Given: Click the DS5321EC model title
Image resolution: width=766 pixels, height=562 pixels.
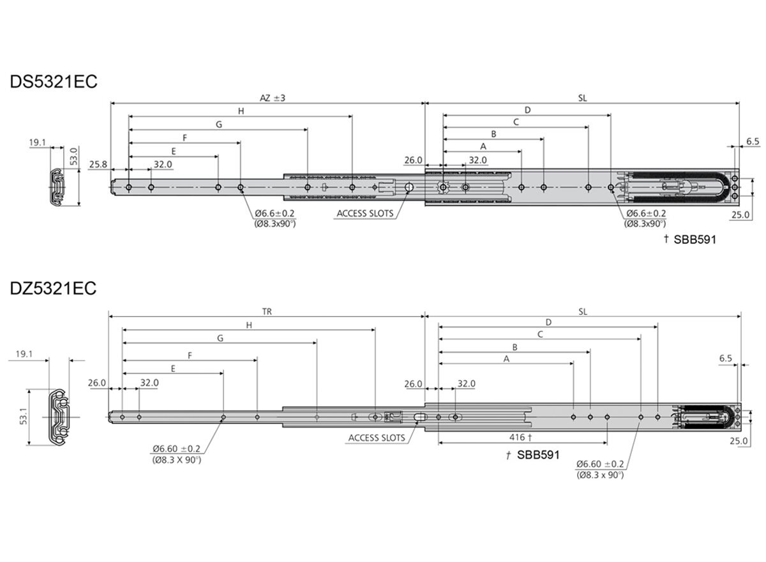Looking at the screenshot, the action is pyautogui.click(x=54, y=82).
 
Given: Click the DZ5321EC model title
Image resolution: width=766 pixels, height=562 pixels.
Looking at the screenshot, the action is pyautogui.click(x=53, y=288).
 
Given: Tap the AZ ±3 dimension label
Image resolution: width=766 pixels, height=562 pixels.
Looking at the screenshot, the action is pyautogui.click(x=273, y=98).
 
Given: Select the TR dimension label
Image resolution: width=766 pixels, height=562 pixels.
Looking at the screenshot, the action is pyautogui.click(x=267, y=312).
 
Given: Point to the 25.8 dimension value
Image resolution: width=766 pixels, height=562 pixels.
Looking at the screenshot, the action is pyautogui.click(x=98, y=165).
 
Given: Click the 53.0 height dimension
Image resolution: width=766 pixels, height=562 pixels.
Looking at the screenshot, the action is pyautogui.click(x=74, y=156).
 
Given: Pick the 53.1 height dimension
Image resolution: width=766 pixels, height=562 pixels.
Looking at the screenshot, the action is pyautogui.click(x=23, y=416).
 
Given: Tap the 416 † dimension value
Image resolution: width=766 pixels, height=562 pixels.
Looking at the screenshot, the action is pyautogui.click(x=520, y=437).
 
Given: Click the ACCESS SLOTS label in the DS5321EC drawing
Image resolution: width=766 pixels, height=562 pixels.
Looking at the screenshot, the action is pyautogui.click(x=365, y=213).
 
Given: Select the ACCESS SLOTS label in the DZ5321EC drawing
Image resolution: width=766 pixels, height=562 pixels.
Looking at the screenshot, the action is pyautogui.click(x=377, y=438).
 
